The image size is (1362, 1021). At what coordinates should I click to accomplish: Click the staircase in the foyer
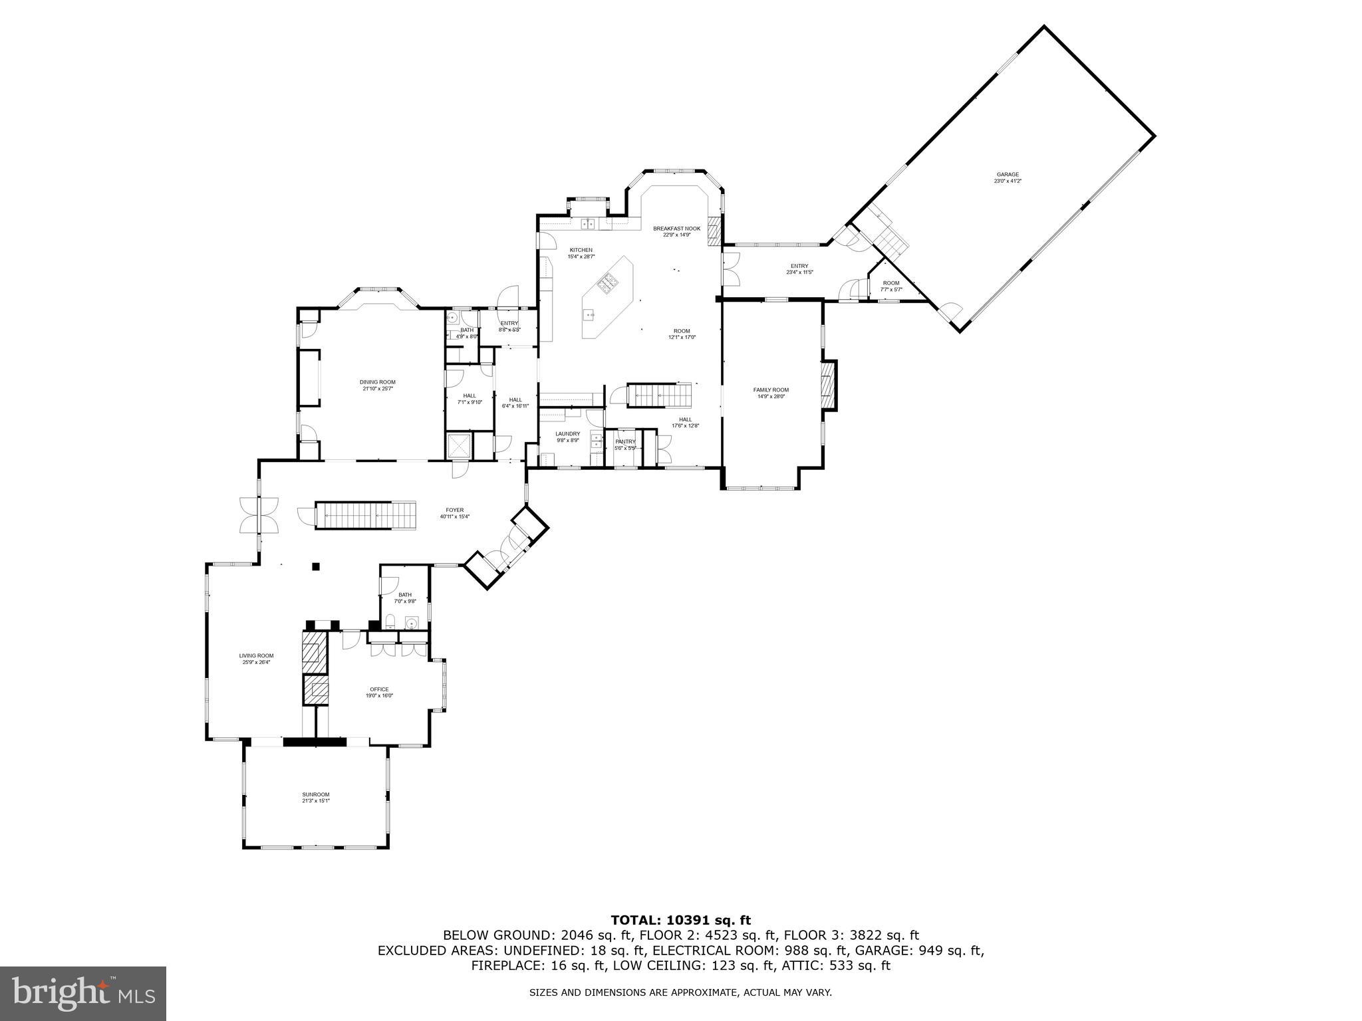pos(365,516)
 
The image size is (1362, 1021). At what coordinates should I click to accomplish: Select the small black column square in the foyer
pos(316,566)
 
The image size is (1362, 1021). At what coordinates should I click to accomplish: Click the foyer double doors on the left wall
pos(259,515)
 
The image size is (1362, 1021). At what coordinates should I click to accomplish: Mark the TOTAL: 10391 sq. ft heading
pos(680,920)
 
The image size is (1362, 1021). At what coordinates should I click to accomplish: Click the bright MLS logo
pos(82,994)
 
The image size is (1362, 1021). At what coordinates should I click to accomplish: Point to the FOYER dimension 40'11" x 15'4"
pos(454,516)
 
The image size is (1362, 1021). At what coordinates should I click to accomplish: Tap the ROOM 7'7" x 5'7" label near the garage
pos(890,286)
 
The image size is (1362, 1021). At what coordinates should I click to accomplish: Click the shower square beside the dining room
pos(459,446)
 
